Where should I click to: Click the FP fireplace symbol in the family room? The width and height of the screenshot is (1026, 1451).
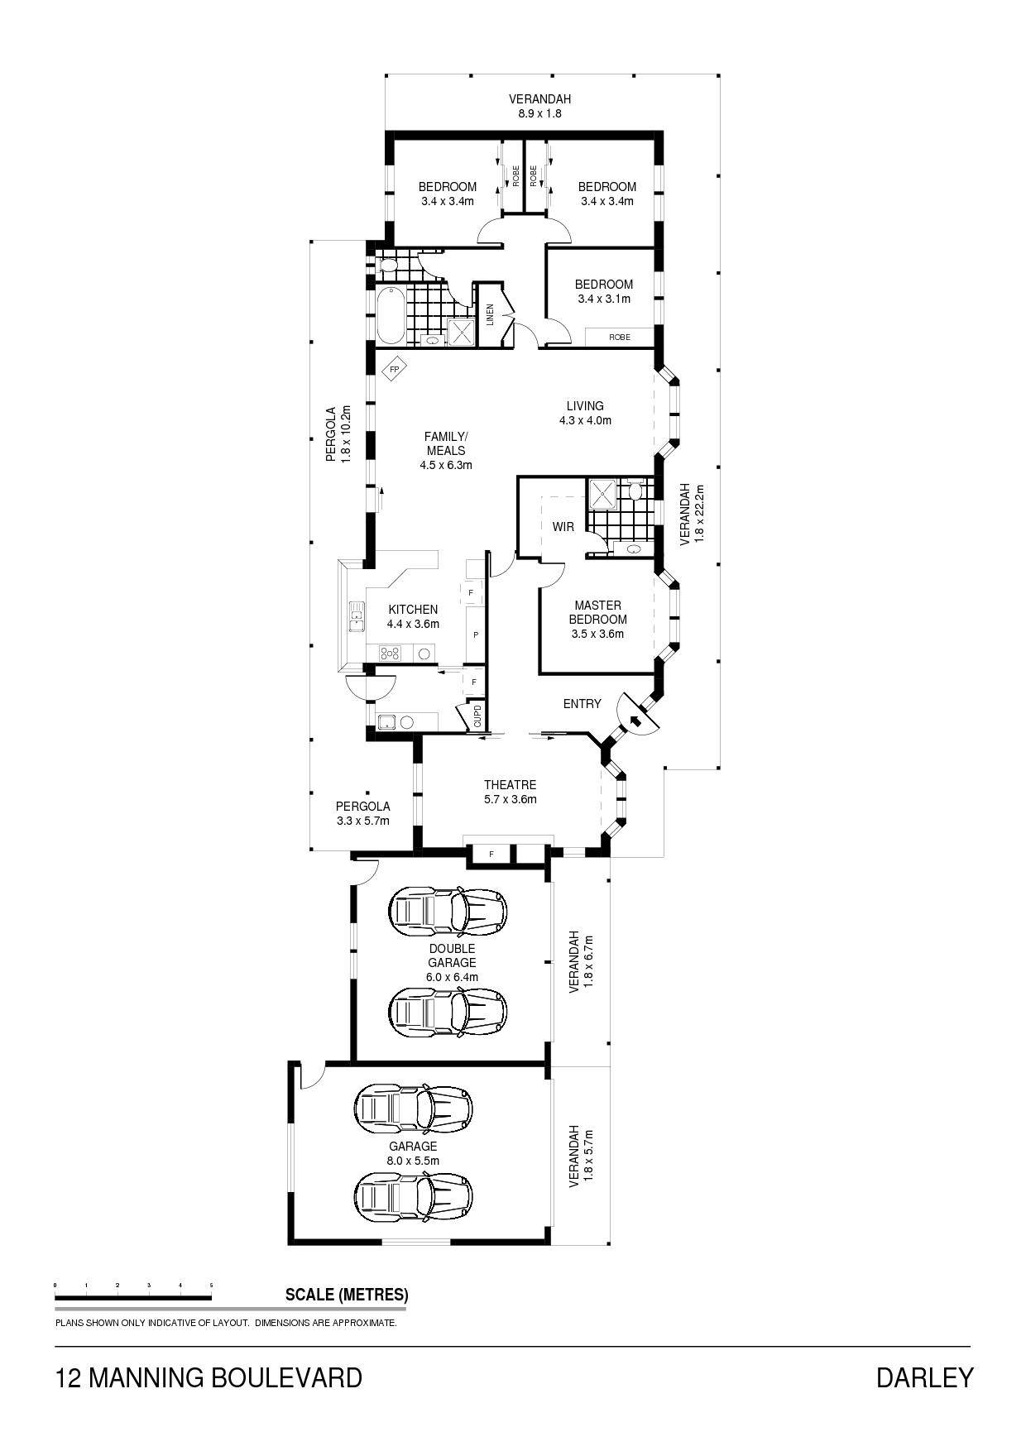coord(394,369)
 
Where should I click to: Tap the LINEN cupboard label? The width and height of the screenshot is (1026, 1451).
coord(490,314)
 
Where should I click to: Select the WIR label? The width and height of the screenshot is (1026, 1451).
coord(563,526)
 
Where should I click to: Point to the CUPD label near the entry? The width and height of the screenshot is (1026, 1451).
coord(477,716)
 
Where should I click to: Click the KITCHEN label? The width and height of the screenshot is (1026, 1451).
coord(413,610)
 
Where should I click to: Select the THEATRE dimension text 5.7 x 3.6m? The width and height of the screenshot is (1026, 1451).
coord(511,799)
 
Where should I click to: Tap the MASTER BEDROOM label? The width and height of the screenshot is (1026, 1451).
coord(597,612)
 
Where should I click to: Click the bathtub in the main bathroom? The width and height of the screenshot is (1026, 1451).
coord(388,314)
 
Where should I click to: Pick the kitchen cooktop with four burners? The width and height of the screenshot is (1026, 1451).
coord(391,653)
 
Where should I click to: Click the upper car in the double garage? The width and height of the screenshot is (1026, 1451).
coord(447,912)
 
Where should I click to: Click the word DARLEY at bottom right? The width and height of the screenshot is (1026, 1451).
coord(924,1377)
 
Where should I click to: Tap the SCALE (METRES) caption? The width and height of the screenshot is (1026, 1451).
coord(347,1295)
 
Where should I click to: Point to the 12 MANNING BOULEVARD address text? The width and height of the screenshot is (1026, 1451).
coord(209,1377)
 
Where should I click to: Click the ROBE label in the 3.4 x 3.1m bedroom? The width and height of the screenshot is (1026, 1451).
coord(619,338)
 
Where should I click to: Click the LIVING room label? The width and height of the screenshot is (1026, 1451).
coord(585,406)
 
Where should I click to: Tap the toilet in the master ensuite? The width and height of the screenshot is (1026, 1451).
coord(635,492)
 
